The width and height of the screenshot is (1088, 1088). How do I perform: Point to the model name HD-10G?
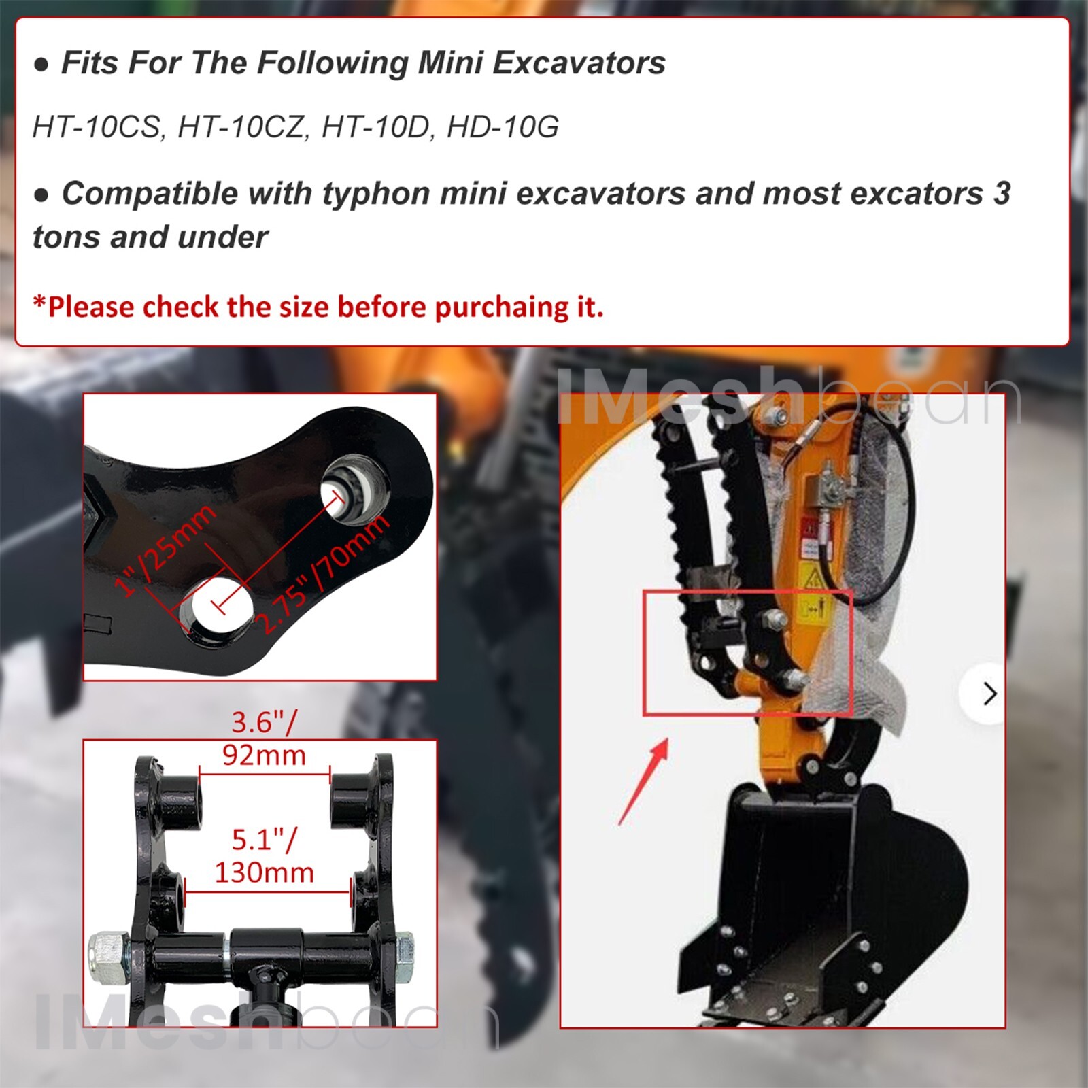pos(503,127)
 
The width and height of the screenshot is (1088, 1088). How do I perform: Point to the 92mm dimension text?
pos(264,755)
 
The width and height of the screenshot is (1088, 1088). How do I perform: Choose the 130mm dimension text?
pos(264,872)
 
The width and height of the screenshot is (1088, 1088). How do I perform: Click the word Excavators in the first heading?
pos(578,63)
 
